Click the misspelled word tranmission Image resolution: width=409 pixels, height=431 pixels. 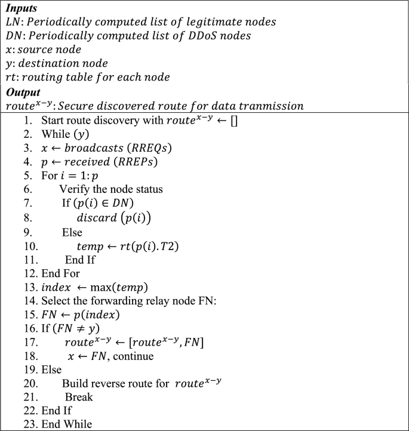pyautogui.click(x=272, y=106)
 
